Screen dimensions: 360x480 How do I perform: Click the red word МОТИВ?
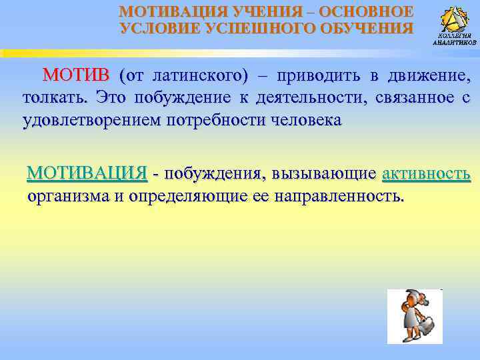(79, 74)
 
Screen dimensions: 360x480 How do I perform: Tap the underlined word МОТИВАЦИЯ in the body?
(87, 174)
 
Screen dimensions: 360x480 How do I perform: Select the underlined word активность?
(427, 175)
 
